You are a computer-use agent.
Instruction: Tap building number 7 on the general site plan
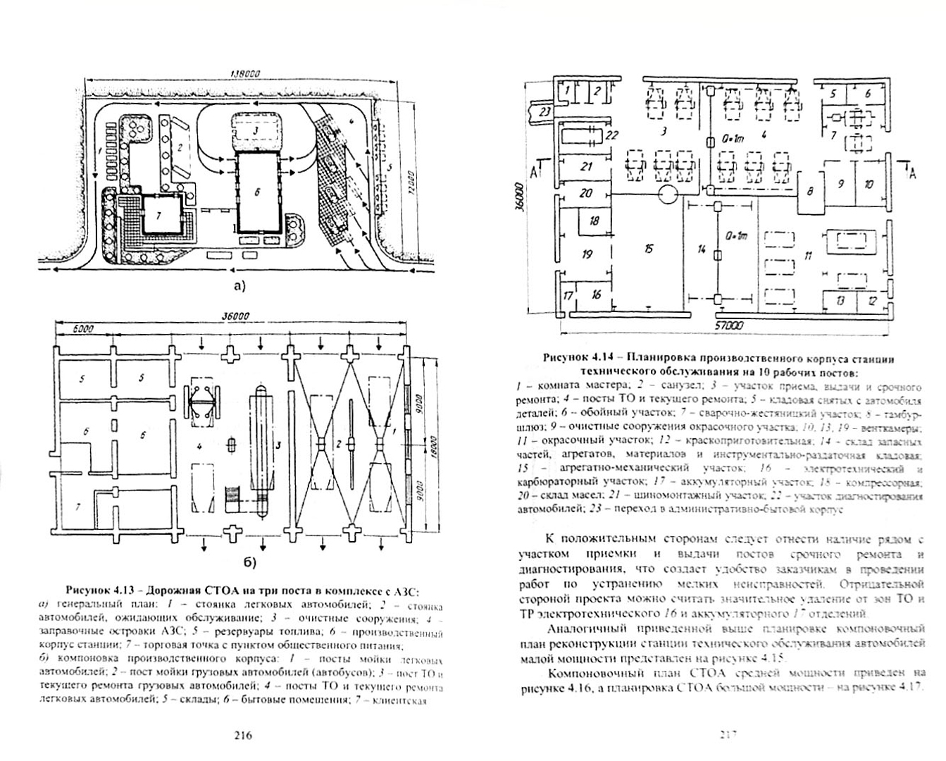coord(159,216)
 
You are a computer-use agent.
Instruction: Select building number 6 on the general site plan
coord(256,192)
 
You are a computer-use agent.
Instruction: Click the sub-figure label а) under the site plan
coord(239,285)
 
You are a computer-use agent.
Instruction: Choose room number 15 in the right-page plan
coord(648,248)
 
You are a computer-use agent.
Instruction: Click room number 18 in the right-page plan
coord(594,221)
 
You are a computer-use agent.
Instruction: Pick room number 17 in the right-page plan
coord(568,295)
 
